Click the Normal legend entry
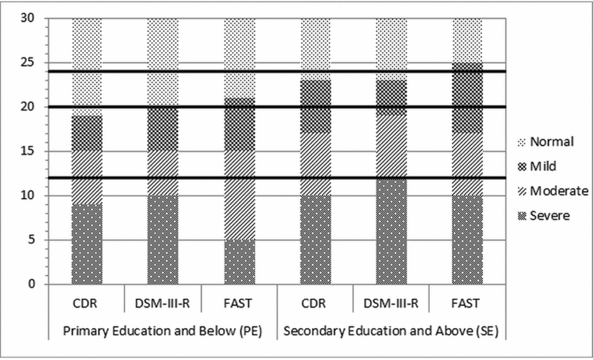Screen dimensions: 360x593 (550, 141)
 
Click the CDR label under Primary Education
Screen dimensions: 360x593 (86, 303)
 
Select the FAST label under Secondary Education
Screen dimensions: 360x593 (467, 303)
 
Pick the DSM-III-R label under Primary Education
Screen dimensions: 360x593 (163, 303)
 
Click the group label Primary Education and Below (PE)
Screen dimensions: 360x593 (163, 331)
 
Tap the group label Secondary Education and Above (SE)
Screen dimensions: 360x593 (392, 331)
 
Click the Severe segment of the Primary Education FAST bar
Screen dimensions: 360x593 (239, 262)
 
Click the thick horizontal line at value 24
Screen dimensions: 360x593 (191, 71)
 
